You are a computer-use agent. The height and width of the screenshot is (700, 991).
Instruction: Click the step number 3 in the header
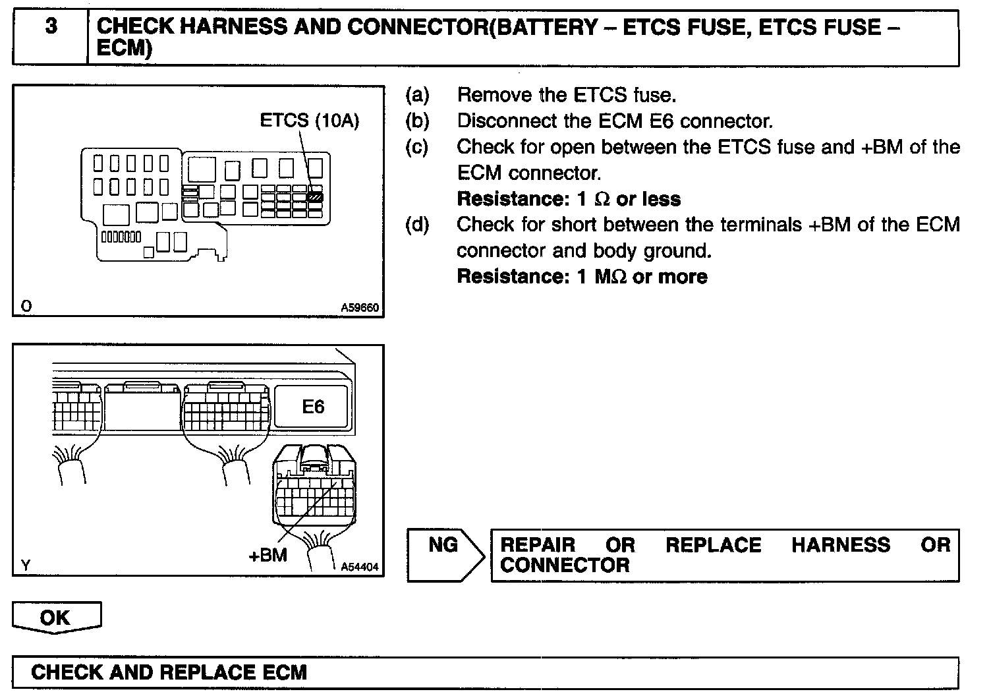(51, 27)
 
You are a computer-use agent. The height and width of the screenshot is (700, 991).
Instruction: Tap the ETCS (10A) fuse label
(309, 121)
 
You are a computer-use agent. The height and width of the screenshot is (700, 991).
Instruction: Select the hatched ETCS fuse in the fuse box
(315, 196)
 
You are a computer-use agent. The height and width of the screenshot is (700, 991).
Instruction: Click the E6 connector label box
(313, 407)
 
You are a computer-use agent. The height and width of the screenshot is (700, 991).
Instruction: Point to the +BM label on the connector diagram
(268, 555)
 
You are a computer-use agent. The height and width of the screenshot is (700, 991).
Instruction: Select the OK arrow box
(56, 618)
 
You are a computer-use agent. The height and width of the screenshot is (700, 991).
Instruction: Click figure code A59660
(360, 307)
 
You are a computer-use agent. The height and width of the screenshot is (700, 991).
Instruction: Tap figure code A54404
(360, 566)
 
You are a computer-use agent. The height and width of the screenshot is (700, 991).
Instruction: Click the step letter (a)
(416, 96)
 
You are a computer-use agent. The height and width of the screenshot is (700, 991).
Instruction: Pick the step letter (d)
(416, 225)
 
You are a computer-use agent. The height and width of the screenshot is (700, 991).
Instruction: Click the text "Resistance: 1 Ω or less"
(568, 199)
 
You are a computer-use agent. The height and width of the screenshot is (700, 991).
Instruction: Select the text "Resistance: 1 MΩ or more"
(582, 277)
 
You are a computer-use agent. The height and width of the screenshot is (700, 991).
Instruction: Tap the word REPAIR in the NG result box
(538, 545)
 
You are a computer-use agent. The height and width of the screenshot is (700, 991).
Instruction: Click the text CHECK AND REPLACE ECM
(169, 672)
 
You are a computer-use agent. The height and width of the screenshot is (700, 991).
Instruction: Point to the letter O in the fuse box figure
(26, 306)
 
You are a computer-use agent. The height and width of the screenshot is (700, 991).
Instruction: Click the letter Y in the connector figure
(26, 565)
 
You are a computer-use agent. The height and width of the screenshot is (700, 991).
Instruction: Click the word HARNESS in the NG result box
(840, 545)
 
